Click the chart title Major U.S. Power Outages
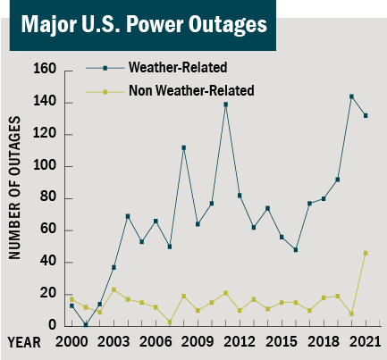pyautogui.click(x=139, y=24)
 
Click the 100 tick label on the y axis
pyautogui.click(x=47, y=166)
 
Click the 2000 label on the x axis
pyautogui.click(x=72, y=342)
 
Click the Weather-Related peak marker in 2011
pyautogui.click(x=225, y=105)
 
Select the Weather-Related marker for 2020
pyautogui.click(x=351, y=96)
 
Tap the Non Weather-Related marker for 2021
pyautogui.click(x=366, y=253)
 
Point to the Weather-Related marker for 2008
pyautogui.click(x=183, y=147)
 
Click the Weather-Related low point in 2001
pyautogui.click(x=86, y=325)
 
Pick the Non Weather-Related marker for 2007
pyautogui.click(x=170, y=322)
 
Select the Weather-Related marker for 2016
pyautogui.click(x=295, y=249)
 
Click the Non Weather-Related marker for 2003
pyautogui.click(x=114, y=289)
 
